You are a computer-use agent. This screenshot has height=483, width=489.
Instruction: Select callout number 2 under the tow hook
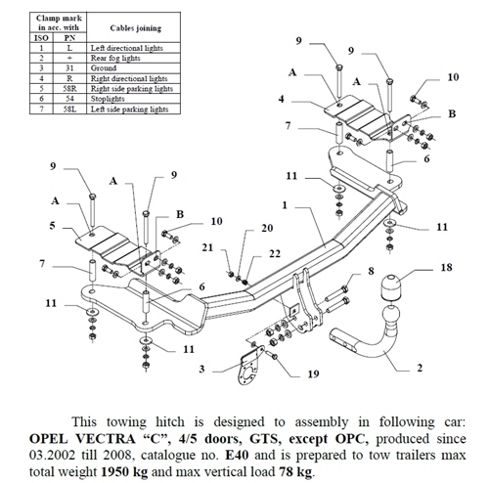pyautogui.click(x=420, y=369)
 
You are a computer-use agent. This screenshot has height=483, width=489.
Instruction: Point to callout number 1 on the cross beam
pyautogui.click(x=284, y=206)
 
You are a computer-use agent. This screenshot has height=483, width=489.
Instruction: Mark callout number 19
pyautogui.click(x=312, y=373)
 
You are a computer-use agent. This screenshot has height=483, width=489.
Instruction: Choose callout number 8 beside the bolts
pyautogui.click(x=370, y=270)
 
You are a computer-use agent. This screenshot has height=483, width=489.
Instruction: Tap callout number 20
pyautogui.click(x=268, y=229)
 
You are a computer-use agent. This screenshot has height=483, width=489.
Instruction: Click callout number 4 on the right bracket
pyautogui.click(x=282, y=100)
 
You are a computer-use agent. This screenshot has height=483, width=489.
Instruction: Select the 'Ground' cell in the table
pyautogui.click(x=108, y=67)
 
